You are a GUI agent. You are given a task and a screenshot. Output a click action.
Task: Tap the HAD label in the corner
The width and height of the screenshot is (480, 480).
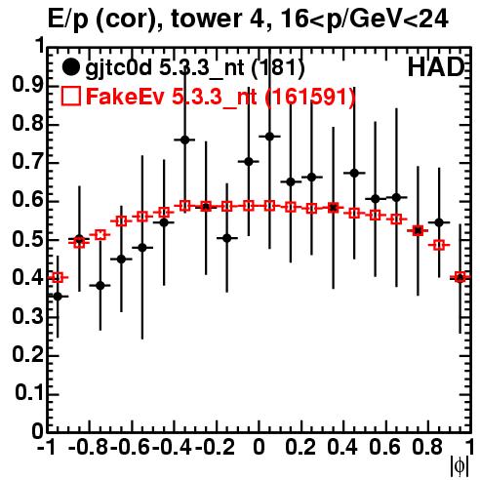point(435,67)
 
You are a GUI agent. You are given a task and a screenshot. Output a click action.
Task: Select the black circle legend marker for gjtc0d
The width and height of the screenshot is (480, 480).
point(70,67)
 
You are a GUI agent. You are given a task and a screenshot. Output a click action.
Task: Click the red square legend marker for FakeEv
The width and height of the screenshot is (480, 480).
point(70,96)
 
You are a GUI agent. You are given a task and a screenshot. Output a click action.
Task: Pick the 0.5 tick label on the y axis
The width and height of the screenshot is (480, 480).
point(27,240)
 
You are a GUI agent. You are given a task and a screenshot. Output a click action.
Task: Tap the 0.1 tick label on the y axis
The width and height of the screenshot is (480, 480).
point(28,393)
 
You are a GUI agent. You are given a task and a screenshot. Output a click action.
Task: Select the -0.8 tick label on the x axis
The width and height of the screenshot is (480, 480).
point(88,448)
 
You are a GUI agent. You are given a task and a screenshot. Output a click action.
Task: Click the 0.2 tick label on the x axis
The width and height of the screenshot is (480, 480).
point(300,448)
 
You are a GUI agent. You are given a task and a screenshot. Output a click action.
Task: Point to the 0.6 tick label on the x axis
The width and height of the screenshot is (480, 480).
point(384,448)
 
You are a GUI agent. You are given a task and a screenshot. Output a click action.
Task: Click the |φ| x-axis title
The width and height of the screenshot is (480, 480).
point(460,466)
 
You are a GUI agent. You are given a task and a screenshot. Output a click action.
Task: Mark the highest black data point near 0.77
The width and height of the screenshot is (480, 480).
point(269,137)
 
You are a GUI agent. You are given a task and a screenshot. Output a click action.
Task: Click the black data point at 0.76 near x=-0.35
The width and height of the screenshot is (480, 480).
point(184,140)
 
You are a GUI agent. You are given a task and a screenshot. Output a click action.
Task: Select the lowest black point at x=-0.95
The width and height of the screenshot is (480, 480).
point(58,297)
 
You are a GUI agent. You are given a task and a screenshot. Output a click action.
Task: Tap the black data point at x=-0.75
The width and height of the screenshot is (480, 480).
point(100,286)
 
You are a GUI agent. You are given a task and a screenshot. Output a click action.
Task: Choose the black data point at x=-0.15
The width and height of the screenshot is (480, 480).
point(227,238)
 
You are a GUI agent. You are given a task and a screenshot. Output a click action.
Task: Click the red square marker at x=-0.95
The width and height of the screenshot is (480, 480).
point(58,277)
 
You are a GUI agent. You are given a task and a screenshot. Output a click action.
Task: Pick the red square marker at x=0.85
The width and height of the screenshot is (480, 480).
point(439,245)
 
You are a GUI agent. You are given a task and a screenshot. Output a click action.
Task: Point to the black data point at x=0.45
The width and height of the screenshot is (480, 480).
point(354,173)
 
